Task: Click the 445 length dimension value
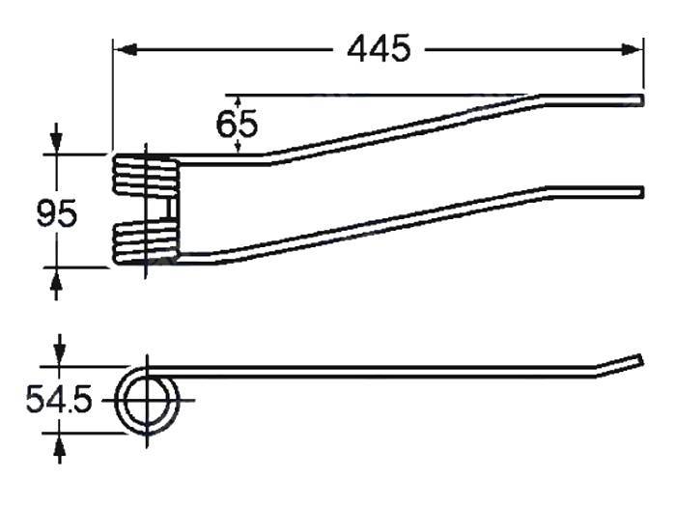tap(379, 47)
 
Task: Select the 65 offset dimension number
tap(238, 126)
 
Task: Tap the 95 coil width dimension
tap(57, 213)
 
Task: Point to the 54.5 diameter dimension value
tap(59, 399)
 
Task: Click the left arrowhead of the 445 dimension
tap(122, 47)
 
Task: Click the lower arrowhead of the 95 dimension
tap(57, 279)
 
